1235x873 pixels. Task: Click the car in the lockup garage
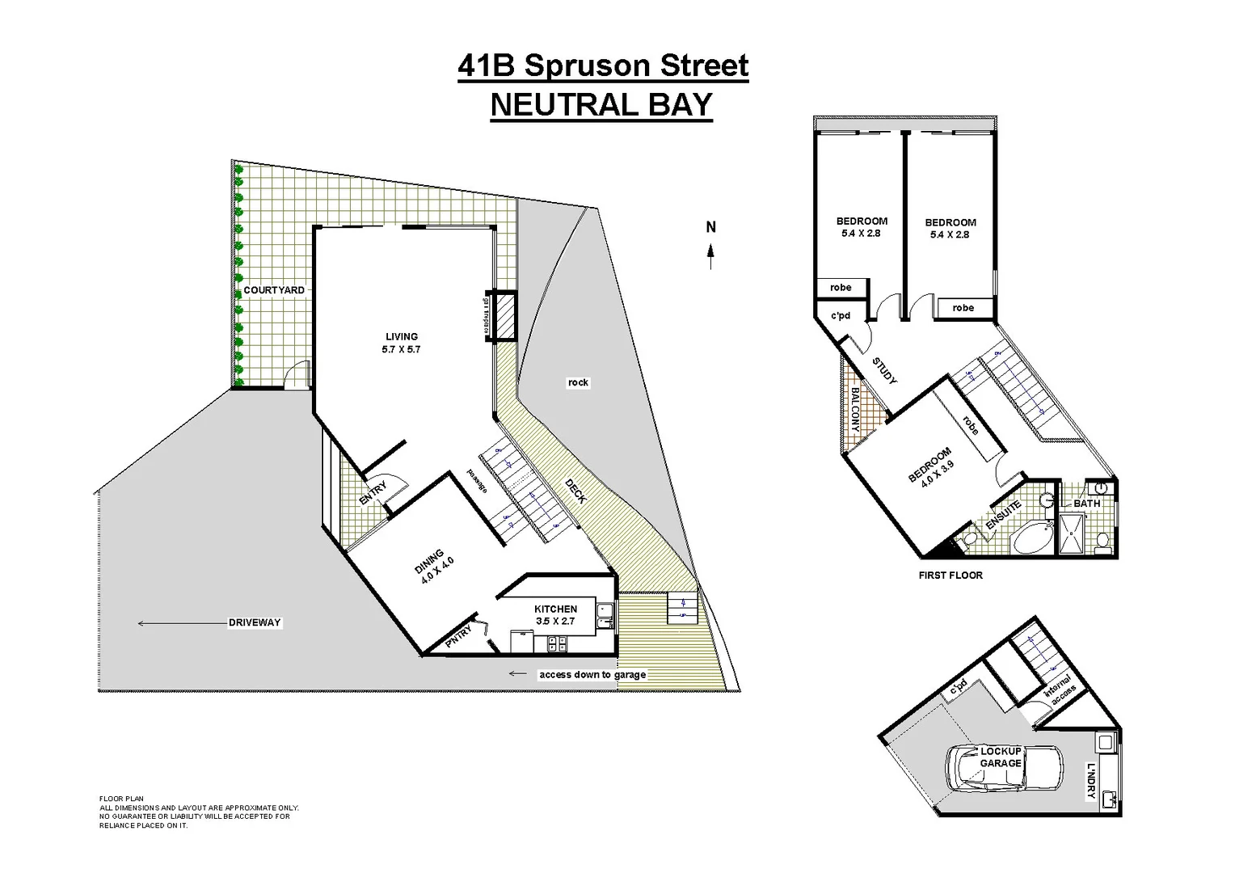point(1002,769)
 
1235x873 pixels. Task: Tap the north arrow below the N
point(711,256)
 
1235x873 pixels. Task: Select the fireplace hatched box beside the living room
point(505,315)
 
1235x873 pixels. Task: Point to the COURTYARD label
point(274,290)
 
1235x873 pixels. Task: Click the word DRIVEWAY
point(255,622)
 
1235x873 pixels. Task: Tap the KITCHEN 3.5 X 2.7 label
point(555,615)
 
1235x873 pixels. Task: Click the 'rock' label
point(578,382)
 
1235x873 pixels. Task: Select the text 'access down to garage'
point(592,674)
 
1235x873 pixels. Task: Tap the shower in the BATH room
point(1074,534)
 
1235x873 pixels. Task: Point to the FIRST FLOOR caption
point(950,576)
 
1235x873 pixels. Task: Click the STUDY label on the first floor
point(885,371)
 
